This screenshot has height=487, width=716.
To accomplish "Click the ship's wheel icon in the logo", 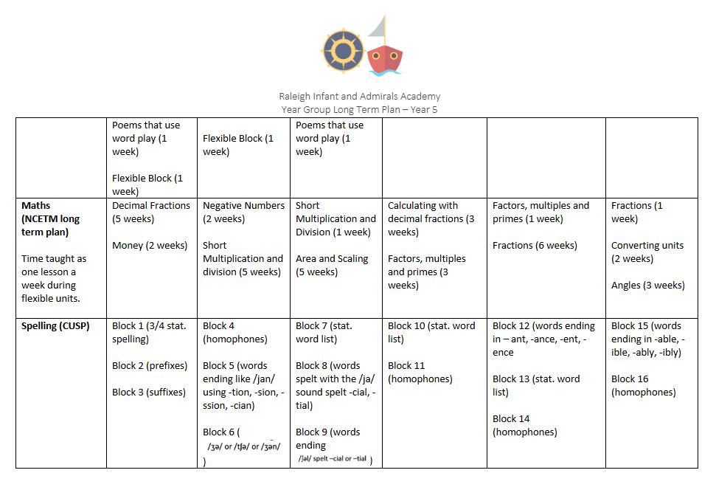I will [x=342, y=50].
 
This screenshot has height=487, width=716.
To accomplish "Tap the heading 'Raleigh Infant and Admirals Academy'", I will [x=359, y=96].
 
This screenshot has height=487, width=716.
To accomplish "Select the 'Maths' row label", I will [x=36, y=206].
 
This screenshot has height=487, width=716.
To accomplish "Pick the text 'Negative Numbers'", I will [x=244, y=206].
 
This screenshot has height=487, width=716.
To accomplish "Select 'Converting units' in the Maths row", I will [x=647, y=246].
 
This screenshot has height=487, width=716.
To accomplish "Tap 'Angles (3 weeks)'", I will [x=647, y=286].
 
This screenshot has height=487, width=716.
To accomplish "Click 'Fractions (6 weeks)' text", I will [x=535, y=246].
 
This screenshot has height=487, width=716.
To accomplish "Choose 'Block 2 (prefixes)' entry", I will [x=150, y=366].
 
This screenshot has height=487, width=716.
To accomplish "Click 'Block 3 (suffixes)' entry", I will [x=149, y=393].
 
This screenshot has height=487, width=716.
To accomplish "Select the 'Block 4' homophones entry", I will [x=219, y=326].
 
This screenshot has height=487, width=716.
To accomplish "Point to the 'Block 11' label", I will [x=405, y=366].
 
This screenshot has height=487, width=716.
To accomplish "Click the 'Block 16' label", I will [x=629, y=379].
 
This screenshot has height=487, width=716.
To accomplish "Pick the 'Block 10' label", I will [x=405, y=326].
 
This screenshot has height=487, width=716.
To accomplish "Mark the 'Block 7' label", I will [x=311, y=326].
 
